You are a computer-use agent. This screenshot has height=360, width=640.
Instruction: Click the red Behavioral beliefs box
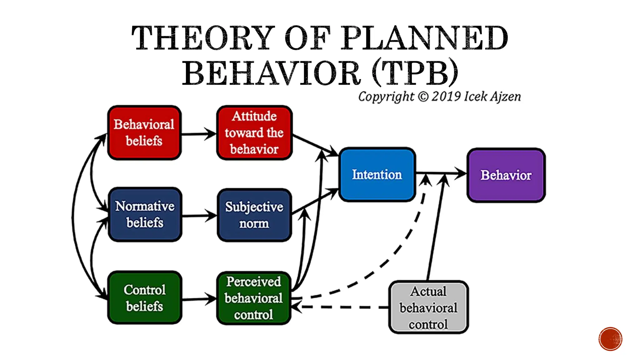[x=144, y=133]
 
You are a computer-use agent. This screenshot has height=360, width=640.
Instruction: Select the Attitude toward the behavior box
[x=254, y=133]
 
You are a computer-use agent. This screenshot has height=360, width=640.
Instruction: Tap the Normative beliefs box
[x=145, y=214]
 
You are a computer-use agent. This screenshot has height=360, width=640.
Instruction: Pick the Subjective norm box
[x=254, y=215]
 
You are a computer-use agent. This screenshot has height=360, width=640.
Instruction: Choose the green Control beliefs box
[x=144, y=297]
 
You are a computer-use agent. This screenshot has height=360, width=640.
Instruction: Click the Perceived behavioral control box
[x=253, y=298]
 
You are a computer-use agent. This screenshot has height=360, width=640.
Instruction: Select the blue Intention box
[x=377, y=174]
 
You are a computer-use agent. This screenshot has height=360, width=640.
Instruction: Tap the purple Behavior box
[x=506, y=175]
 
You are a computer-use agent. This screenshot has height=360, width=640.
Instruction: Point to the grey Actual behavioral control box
[x=428, y=307]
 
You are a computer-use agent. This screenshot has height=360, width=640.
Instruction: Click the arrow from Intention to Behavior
[x=441, y=173]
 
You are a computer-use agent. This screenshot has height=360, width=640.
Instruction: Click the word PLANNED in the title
[x=423, y=38]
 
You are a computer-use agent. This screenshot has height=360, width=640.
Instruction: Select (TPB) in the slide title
[x=416, y=72]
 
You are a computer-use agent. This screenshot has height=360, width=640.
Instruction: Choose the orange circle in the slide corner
[x=610, y=339]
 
